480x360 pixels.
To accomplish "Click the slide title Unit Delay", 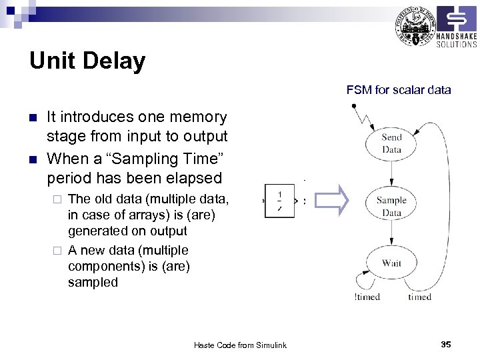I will pos(87,61).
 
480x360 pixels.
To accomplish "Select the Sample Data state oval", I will pos(391,206).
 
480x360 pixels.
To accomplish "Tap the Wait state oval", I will pos(391,263).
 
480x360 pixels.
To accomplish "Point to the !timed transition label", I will pos(367,297).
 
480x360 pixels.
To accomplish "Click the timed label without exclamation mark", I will pos(419,297).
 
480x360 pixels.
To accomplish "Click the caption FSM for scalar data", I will pos(399,89).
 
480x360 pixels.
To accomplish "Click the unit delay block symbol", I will pos(279,201).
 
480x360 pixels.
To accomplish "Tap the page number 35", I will pos(446,344).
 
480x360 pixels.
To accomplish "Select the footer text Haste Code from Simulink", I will pos(240,345).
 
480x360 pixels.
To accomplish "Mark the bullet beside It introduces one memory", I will pos(33,118).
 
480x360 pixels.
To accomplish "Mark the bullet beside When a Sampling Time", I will pos(33,159).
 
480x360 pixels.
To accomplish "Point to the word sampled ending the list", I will pos(93,282).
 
